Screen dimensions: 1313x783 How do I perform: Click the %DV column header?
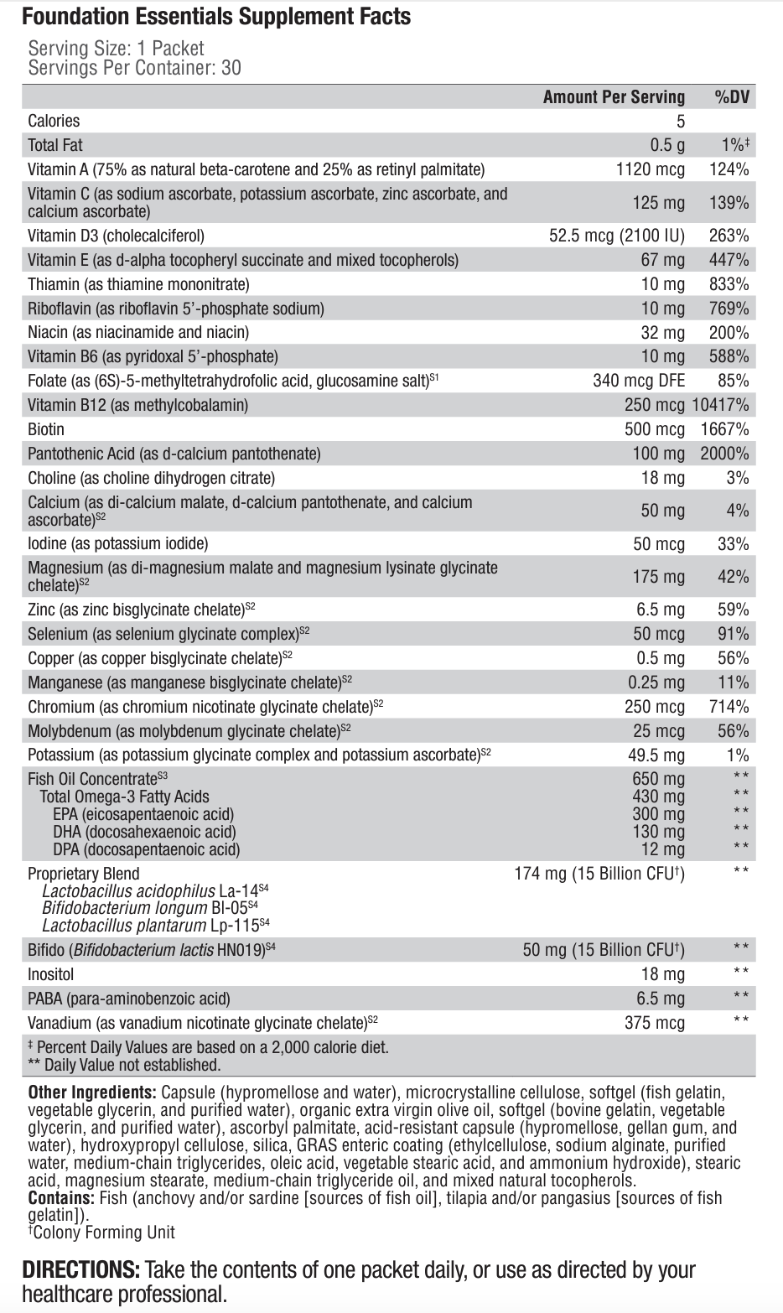pos(731,97)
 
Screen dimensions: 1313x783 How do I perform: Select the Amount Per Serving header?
pos(614,97)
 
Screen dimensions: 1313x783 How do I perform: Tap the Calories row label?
pos(54,121)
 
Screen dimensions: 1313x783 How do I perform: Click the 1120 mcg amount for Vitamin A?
pos(651,169)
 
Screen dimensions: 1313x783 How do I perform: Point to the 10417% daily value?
pos(721,405)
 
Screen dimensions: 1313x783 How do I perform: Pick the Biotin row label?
pos(46,429)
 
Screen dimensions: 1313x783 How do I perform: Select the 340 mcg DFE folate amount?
pos(639,381)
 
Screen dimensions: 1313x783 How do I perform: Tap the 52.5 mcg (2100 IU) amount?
pos(617,236)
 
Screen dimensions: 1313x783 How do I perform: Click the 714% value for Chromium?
pos(729,707)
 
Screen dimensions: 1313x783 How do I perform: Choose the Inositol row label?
pos(51,974)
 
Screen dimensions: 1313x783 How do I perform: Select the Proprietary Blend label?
pos(84,874)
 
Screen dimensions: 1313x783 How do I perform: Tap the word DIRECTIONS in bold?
pos(80,1269)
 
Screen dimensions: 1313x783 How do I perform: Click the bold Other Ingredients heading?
pos(92,1092)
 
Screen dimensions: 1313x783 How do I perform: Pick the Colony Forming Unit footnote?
pos(102,1232)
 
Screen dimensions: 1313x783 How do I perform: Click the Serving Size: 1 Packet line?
pos(116,49)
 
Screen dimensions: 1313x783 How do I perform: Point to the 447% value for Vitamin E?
pos(729,260)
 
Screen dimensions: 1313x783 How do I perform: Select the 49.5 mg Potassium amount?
pos(656,755)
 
